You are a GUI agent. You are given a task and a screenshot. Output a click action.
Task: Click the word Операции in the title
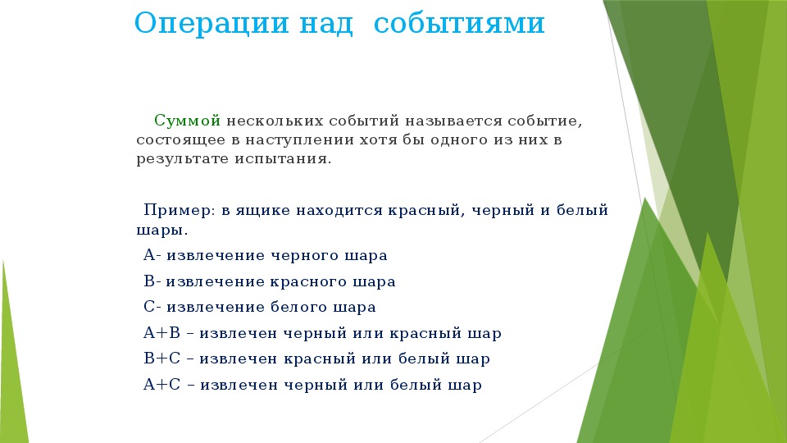click(212, 24)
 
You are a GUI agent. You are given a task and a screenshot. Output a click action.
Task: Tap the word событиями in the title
click(459, 24)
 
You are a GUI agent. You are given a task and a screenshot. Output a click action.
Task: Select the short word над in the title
click(326, 24)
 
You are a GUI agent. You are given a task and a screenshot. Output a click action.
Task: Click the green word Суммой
click(187, 121)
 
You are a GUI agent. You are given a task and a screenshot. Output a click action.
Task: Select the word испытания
click(283, 159)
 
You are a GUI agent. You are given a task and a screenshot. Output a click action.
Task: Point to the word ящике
click(263, 211)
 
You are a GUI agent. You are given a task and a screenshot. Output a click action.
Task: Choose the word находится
click(339, 210)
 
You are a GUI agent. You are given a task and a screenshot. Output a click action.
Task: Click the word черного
click(305, 256)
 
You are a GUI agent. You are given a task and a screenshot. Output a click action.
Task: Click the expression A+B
click(161, 333)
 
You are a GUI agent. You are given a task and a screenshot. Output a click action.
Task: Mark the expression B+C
click(161, 359)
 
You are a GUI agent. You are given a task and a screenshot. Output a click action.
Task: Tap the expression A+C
click(161, 385)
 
